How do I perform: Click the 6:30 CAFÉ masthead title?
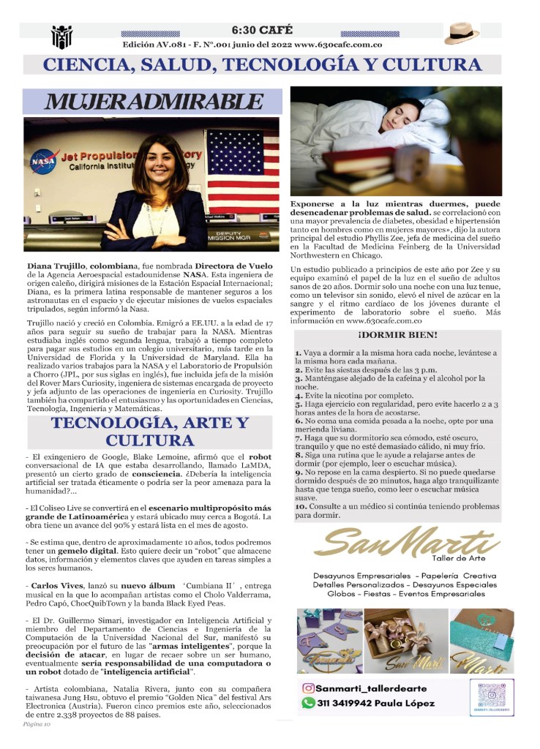(x=262, y=30)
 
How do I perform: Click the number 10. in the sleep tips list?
(x=301, y=506)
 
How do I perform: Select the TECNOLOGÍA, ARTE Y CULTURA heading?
(x=150, y=432)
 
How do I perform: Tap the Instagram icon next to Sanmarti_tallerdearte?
(x=309, y=688)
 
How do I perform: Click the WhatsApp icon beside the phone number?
(x=309, y=703)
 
